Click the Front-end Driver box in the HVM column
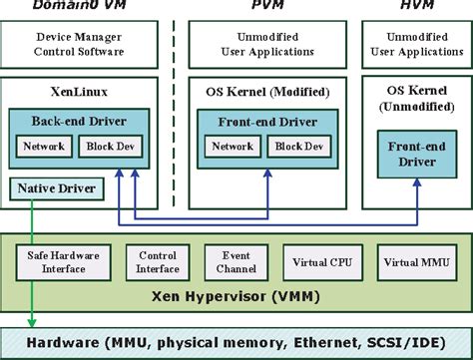(x=417, y=153)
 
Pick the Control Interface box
(x=158, y=261)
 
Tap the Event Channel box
(x=236, y=261)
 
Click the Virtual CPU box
(x=321, y=263)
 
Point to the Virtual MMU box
(x=416, y=263)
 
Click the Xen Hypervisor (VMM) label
(x=236, y=298)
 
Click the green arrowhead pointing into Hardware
(x=30, y=321)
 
